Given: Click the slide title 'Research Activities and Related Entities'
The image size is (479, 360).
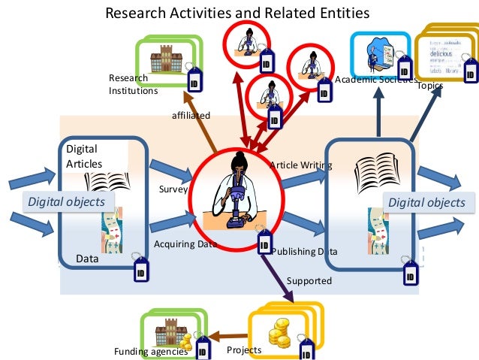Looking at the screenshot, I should (x=237, y=13).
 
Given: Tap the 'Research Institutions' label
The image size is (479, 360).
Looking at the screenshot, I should (x=133, y=84).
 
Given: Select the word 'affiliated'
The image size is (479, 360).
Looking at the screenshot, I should (x=191, y=115).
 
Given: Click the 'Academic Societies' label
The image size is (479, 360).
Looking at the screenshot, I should (x=370, y=80).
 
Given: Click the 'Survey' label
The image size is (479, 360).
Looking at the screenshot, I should (x=173, y=189).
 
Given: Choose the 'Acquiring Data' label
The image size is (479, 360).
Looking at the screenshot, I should (x=184, y=244).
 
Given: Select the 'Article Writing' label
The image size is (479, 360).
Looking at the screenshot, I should (x=300, y=165).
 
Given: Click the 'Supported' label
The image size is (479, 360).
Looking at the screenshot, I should (x=309, y=281).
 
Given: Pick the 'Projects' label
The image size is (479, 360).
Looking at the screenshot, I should (x=244, y=349).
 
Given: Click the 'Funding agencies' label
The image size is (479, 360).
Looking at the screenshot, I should (x=150, y=352).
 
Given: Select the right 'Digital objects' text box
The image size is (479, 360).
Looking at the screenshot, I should (x=426, y=202).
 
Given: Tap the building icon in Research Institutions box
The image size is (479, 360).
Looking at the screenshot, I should (x=161, y=61).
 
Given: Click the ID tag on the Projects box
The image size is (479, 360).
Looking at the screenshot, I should (x=306, y=350).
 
